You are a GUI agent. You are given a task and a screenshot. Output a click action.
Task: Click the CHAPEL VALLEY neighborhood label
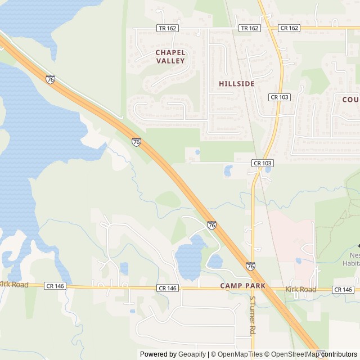170,56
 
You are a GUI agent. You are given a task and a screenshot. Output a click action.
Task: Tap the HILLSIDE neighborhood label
237,84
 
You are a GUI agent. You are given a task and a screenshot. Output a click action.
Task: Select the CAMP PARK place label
242,286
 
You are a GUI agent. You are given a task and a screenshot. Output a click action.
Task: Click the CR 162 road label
289,28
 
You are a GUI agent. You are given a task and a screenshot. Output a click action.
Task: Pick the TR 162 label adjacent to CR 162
249,28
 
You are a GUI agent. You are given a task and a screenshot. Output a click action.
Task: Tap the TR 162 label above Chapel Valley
167,28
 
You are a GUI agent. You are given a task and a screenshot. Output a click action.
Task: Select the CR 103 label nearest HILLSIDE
279,97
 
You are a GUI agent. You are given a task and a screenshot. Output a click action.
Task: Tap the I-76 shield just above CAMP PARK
250,265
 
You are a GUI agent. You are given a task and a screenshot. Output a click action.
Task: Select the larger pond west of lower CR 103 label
228,170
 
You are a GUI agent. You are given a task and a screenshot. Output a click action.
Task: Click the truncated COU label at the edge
350,99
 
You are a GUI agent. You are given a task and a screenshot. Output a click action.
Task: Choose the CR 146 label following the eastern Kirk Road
343,289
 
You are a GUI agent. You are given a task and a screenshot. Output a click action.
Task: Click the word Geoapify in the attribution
192,354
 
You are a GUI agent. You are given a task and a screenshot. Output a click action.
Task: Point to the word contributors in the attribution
339,354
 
